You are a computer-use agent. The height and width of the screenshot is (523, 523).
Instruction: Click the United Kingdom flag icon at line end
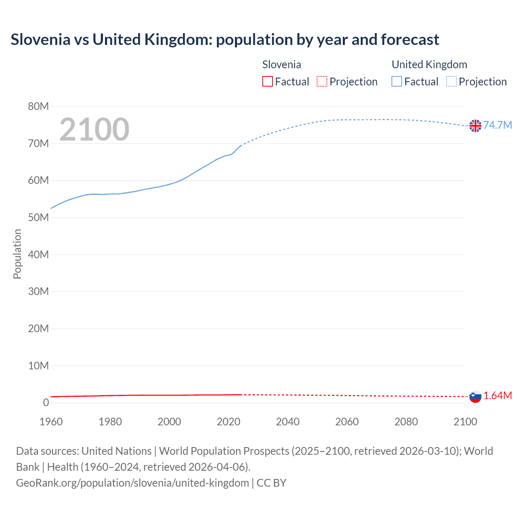[x=475, y=126]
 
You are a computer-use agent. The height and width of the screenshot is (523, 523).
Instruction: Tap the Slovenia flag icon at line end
[x=475, y=396]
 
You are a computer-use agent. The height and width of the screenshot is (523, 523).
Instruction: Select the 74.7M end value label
[x=498, y=125]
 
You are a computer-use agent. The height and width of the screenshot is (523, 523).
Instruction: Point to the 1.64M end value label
[x=498, y=396]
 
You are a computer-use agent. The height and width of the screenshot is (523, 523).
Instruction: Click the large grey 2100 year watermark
[x=94, y=130]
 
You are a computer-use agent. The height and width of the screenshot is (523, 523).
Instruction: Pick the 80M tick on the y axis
[x=38, y=107]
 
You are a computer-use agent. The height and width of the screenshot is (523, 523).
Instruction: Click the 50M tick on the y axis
[x=38, y=218]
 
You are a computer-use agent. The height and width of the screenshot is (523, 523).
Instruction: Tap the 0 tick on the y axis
[x=46, y=403]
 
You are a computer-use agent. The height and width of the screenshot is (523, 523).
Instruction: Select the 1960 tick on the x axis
[x=51, y=422]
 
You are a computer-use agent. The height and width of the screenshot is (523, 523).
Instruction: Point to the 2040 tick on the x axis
[x=288, y=422]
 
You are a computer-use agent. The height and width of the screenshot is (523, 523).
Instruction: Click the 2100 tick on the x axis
[x=465, y=422]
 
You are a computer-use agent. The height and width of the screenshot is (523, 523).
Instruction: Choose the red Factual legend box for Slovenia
[x=268, y=81]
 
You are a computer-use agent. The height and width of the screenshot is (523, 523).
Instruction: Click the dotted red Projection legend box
[x=322, y=81]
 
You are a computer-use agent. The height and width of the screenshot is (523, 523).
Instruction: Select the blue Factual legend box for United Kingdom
[x=397, y=81]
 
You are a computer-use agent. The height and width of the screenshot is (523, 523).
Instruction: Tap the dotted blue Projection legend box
[x=451, y=81]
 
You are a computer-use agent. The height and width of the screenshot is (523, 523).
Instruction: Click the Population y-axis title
[x=17, y=254]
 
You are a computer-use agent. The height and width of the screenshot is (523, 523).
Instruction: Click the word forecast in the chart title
[x=410, y=40]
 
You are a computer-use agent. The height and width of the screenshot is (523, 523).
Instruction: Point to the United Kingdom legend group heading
[x=429, y=65]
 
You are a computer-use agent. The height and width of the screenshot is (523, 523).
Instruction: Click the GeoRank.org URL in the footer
[x=132, y=483]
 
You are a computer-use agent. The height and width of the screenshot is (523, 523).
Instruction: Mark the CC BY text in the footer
[x=271, y=483]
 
